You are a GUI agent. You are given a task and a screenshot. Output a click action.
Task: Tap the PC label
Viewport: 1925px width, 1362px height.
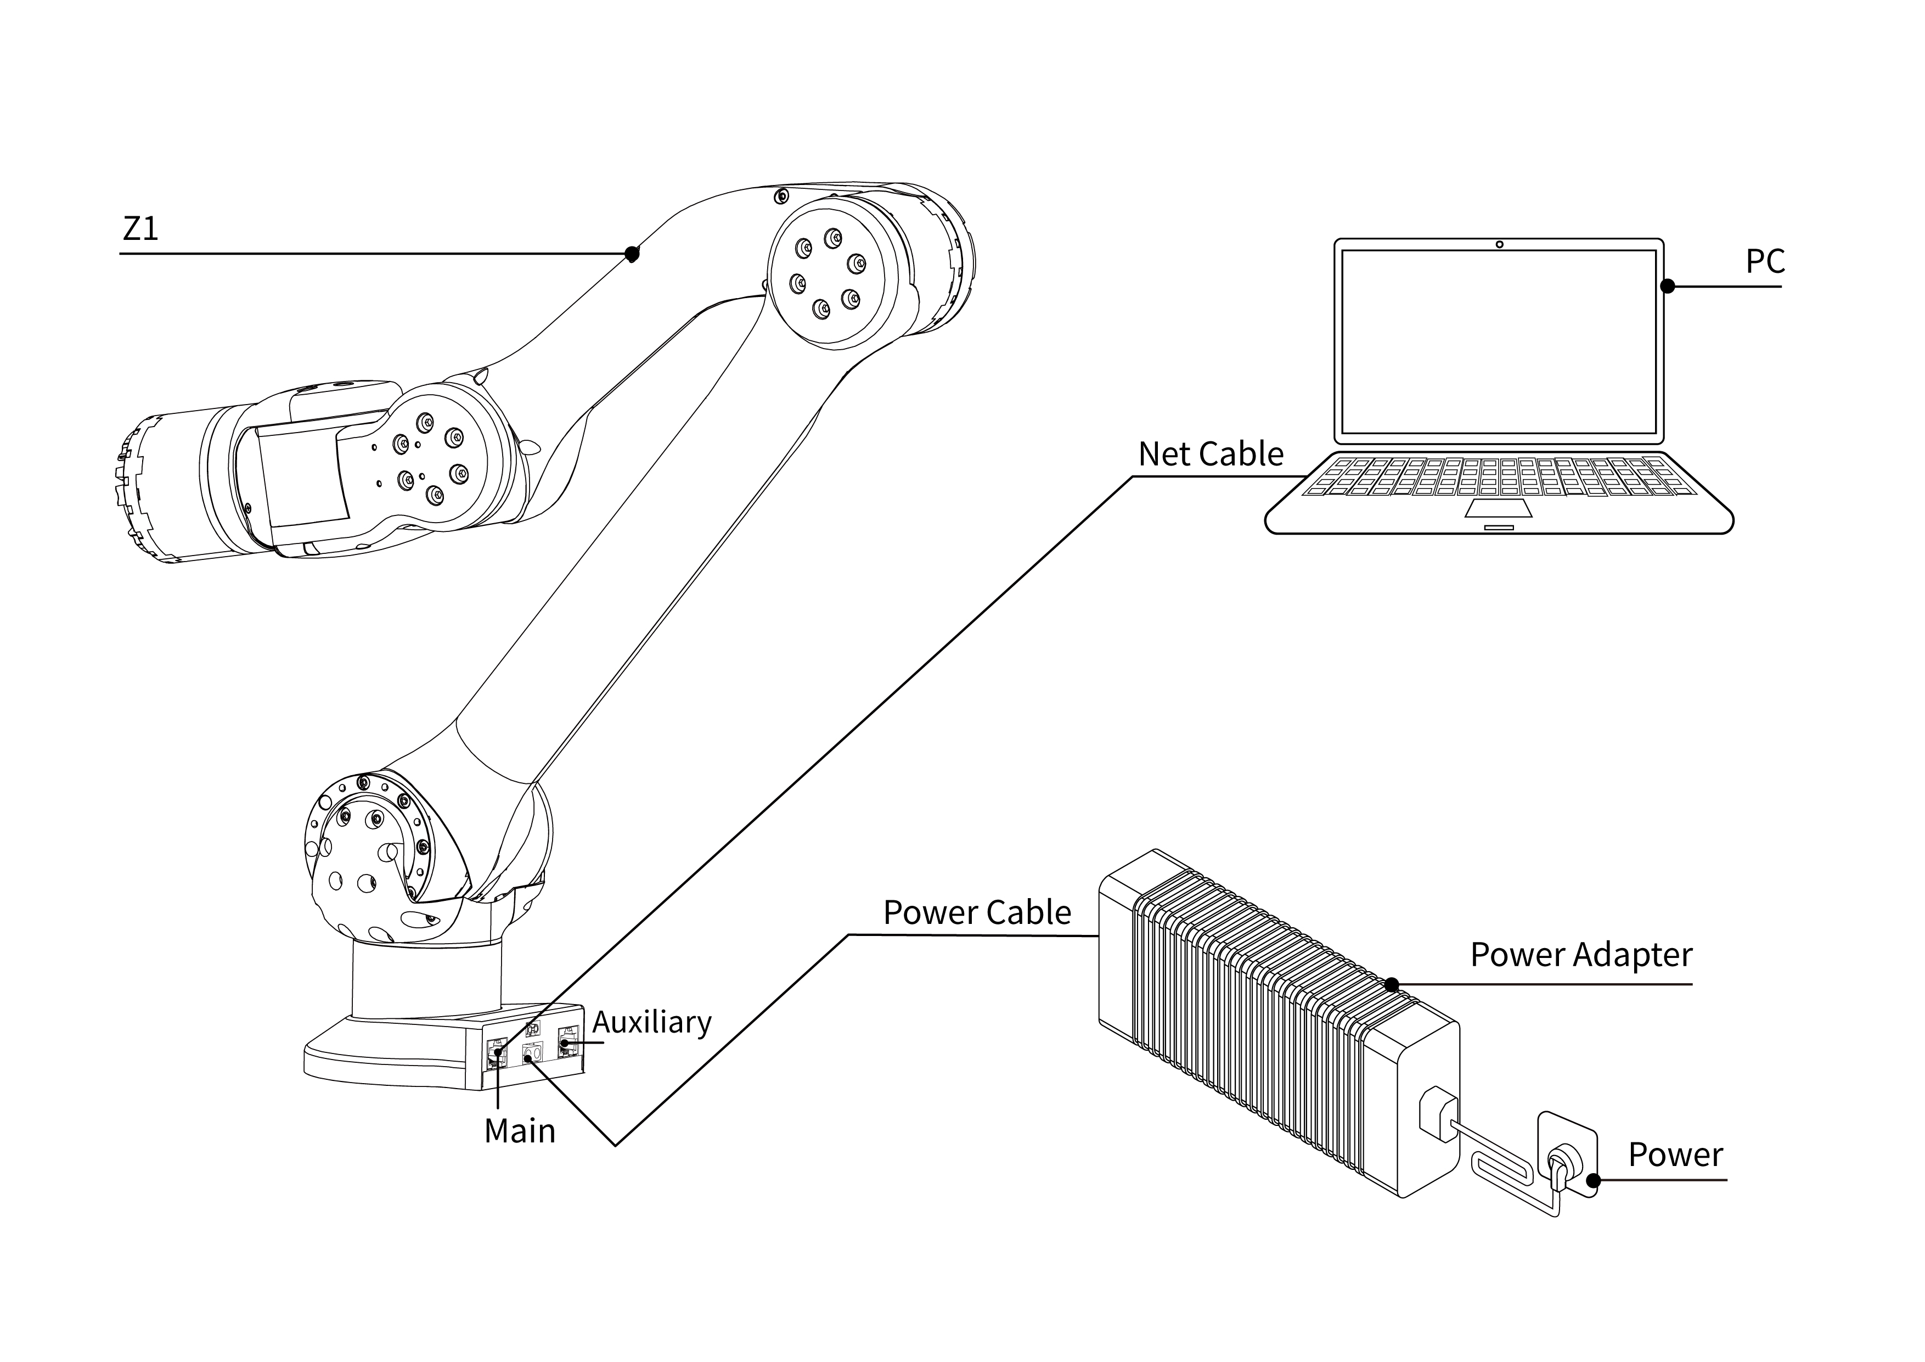point(1764,262)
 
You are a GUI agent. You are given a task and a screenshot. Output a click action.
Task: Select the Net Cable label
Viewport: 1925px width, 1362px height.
point(1210,455)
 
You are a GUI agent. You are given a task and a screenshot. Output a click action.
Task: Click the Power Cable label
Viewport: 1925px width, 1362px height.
point(977,912)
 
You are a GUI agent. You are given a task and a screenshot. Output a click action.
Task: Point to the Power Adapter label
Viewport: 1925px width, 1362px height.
point(1580,955)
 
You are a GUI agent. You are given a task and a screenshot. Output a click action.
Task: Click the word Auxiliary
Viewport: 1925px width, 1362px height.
point(651,1022)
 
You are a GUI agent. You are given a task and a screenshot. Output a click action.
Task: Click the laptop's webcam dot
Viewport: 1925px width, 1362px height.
point(1499,245)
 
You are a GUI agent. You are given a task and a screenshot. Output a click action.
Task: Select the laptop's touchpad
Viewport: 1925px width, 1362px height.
point(1498,507)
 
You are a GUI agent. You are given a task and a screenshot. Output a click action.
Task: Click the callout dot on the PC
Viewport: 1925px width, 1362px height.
point(1668,286)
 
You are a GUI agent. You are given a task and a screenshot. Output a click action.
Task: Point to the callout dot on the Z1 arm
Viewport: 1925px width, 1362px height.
point(632,253)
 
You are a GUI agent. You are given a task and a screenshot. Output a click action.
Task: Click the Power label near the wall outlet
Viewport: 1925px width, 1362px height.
point(1674,1155)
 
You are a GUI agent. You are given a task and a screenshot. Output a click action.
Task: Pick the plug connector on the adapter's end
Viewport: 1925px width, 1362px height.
point(1436,1114)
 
